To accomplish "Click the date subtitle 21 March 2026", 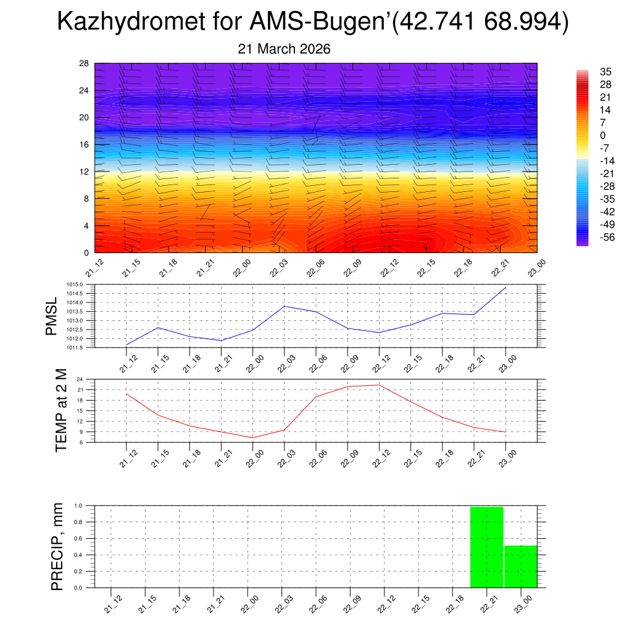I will (284, 49).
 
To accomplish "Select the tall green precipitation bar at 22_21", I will (486, 547).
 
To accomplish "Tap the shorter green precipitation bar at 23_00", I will (520, 567).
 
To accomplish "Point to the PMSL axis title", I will (53, 316).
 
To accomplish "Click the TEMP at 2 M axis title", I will (60, 410).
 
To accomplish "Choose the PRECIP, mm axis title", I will (57, 546).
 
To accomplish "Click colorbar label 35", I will (605, 72).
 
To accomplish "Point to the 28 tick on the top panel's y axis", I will (84, 64).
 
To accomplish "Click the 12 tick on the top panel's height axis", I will (84, 172).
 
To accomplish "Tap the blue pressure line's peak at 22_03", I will (285, 306).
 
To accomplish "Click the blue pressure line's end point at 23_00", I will (505, 288).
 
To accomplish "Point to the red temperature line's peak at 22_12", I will (379, 385).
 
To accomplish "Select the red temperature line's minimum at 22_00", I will (252, 438).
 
